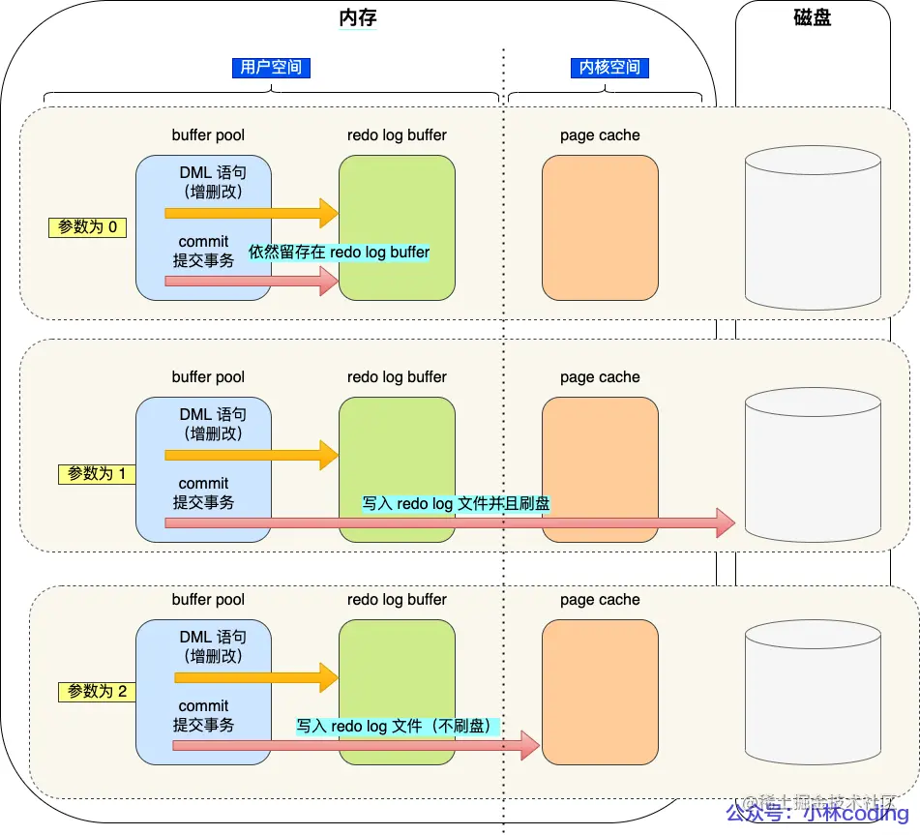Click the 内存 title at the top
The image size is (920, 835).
tap(358, 17)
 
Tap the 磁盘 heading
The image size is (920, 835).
tap(812, 17)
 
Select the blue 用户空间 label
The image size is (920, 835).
tap(271, 67)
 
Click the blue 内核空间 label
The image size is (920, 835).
tap(609, 67)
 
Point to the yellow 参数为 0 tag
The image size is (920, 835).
tap(88, 227)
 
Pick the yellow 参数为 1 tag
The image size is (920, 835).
tap(97, 474)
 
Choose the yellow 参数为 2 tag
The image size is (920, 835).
tap(97, 692)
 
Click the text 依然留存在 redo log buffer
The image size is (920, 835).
tap(339, 252)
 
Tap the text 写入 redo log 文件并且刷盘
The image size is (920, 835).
tap(456, 503)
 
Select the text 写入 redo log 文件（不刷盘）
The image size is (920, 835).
tap(397, 726)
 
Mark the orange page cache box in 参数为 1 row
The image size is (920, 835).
tap(600, 469)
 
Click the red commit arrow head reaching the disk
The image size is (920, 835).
tap(725, 523)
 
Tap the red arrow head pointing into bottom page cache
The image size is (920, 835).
tap(528, 746)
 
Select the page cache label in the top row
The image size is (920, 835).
tap(600, 135)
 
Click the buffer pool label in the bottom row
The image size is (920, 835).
tap(208, 600)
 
